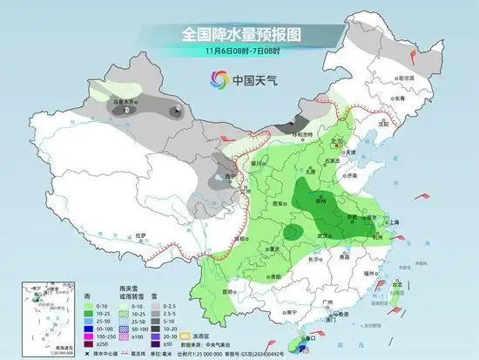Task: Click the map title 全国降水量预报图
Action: (x=239, y=34)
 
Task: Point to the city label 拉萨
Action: (x=141, y=234)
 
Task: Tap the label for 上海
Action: (x=390, y=222)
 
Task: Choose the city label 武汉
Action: (x=328, y=234)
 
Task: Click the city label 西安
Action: (x=277, y=202)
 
